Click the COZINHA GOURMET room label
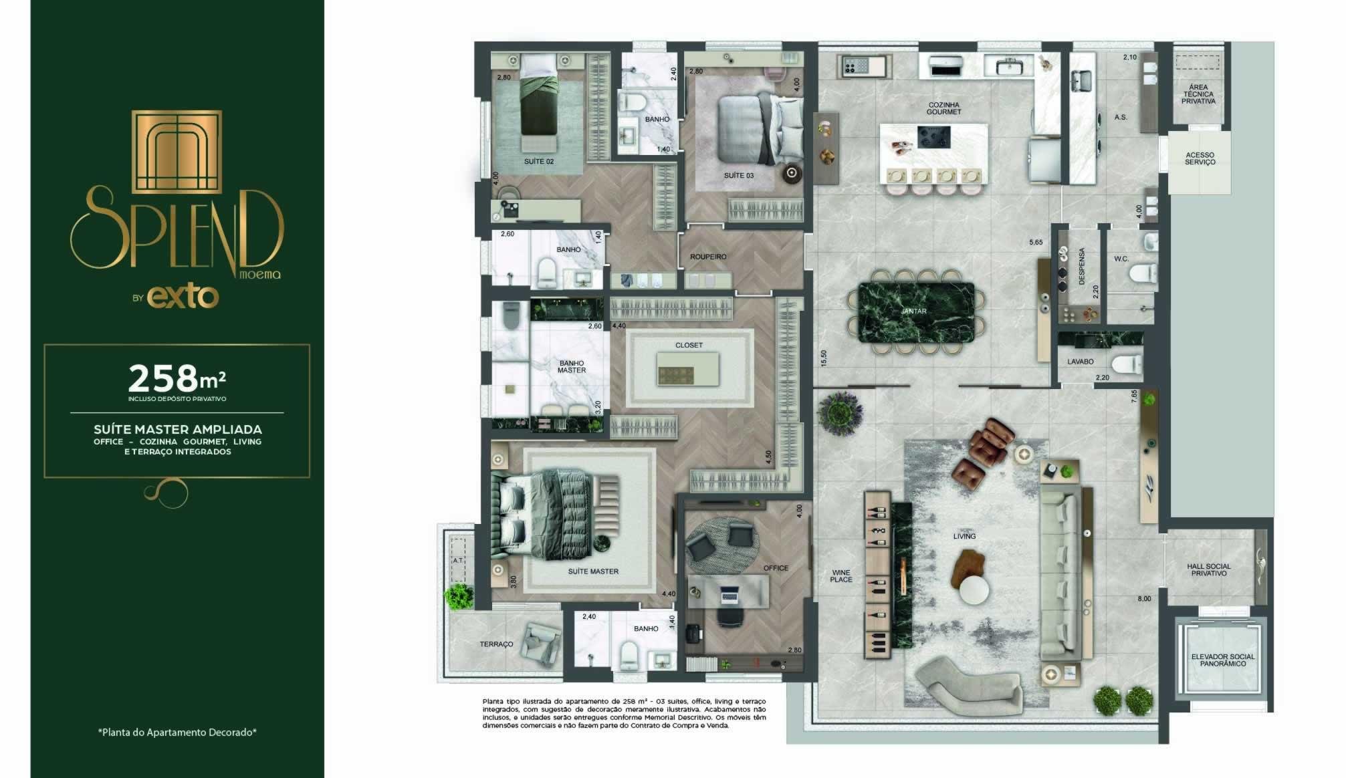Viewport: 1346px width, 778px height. click(x=943, y=108)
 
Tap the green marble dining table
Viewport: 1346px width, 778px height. click(x=916, y=312)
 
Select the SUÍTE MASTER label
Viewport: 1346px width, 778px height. click(x=593, y=571)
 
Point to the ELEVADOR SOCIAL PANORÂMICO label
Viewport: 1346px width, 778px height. click(x=1223, y=660)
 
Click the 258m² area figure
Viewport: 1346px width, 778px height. click(x=177, y=378)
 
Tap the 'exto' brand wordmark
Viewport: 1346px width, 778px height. click(x=183, y=297)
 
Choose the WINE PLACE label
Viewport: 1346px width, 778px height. click(x=841, y=576)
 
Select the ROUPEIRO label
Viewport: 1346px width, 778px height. click(x=708, y=257)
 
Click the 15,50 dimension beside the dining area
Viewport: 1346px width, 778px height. click(x=824, y=358)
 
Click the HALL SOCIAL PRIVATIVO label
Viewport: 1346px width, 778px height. click(x=1209, y=570)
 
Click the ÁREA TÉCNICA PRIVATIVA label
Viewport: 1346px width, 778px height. click(x=1198, y=94)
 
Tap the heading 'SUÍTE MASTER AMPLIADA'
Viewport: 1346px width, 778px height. click(x=178, y=429)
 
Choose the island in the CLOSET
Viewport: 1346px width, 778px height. click(x=688, y=368)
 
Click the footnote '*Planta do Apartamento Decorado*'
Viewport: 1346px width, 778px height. click(x=177, y=733)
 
